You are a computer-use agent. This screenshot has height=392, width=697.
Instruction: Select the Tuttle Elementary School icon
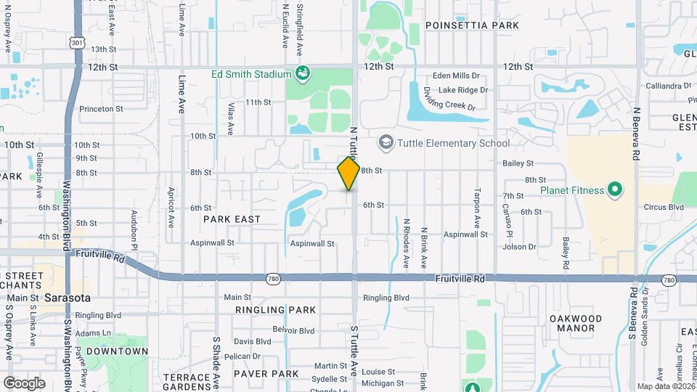(x=386, y=142)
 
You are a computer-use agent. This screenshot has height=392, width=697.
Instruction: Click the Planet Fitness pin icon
(x=615, y=191)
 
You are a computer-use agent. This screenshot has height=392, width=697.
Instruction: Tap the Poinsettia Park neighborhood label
(x=472, y=25)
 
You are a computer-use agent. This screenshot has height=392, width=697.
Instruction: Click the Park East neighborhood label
(x=232, y=219)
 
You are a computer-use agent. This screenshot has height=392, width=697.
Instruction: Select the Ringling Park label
(x=275, y=310)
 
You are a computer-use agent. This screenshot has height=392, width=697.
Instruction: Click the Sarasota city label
(x=67, y=298)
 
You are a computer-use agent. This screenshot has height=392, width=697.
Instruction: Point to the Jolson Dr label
(x=520, y=247)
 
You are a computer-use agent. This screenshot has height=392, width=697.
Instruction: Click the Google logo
(x=24, y=383)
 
